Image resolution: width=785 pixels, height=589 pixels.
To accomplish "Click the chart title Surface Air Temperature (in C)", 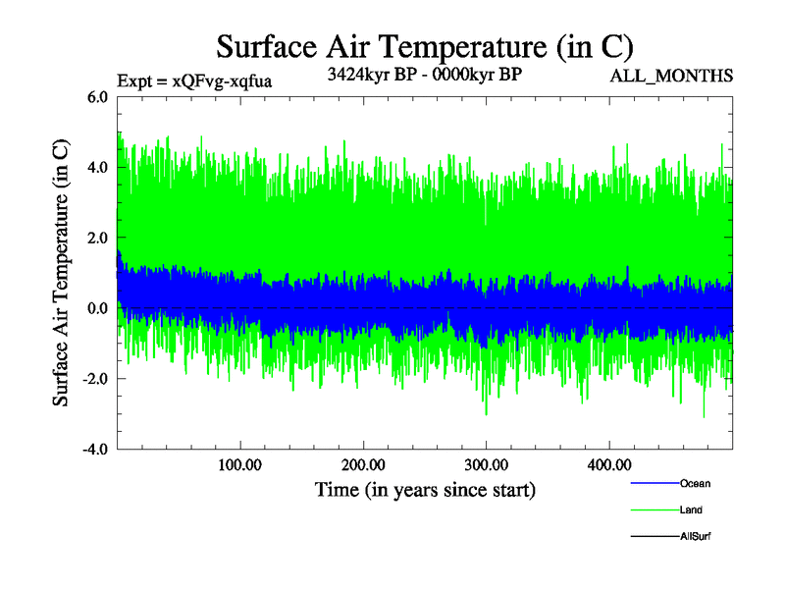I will click(x=424, y=47).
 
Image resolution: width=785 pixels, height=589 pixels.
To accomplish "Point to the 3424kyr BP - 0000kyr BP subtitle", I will click(x=424, y=74).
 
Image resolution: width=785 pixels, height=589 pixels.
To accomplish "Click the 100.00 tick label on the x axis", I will click(x=239, y=464).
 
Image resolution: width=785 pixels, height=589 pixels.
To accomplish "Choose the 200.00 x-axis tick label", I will click(x=363, y=464).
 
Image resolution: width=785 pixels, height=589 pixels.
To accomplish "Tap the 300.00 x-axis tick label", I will click(x=486, y=464).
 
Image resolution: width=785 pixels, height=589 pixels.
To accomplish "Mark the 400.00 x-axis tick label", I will click(x=608, y=464).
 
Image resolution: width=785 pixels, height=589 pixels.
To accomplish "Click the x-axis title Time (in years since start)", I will click(x=425, y=489).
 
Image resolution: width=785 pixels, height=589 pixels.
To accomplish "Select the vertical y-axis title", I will click(x=61, y=273).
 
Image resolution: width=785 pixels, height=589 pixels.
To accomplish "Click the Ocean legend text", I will click(x=695, y=484).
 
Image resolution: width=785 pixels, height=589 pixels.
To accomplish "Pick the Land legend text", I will click(x=691, y=510).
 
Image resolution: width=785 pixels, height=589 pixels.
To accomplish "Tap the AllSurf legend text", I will click(x=695, y=537).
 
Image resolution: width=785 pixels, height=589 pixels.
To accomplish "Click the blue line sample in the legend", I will click(x=654, y=484).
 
